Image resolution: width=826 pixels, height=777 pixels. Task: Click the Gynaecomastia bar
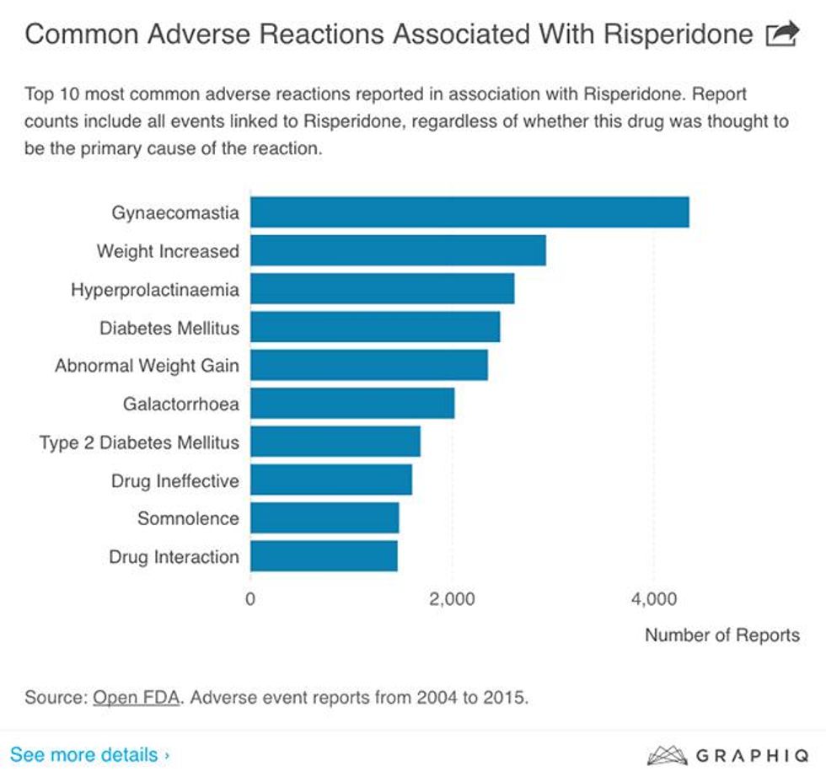[x=469, y=212]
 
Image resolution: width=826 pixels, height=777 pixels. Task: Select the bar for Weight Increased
[x=398, y=250]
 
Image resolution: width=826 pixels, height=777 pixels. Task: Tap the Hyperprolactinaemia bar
[x=382, y=289]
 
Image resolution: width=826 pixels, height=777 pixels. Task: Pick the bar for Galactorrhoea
[x=352, y=404]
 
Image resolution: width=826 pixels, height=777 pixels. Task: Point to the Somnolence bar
[x=324, y=518]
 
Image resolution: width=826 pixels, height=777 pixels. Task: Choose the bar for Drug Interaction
[x=324, y=556]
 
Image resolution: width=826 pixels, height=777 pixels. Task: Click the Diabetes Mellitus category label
[x=169, y=328]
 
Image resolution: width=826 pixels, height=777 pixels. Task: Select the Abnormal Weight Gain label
[x=147, y=366]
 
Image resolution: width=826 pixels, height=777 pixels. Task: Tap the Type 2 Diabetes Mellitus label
[x=139, y=442]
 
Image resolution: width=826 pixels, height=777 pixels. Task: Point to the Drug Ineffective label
[x=174, y=481]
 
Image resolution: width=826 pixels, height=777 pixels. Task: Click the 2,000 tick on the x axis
[x=453, y=599]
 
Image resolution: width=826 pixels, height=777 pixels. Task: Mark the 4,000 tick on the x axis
[x=654, y=599]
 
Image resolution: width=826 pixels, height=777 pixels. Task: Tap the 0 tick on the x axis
[x=250, y=599]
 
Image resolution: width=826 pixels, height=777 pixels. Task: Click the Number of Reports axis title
[x=721, y=635]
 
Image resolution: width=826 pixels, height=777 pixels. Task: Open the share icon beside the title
[x=781, y=34]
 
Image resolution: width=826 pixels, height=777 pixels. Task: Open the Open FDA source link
[x=137, y=698]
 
